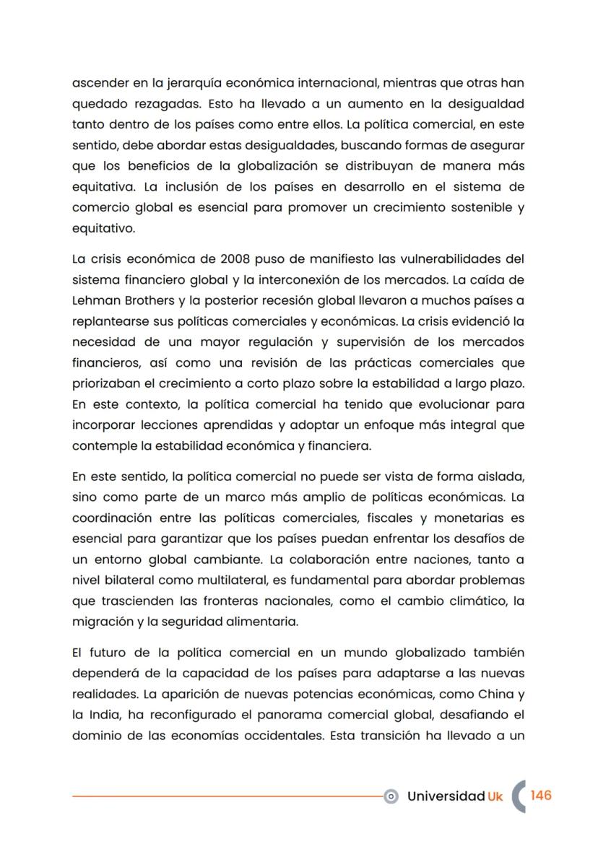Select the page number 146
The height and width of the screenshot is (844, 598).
tap(541, 795)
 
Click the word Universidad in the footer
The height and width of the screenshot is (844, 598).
tap(446, 796)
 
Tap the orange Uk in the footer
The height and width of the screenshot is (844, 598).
tap(495, 796)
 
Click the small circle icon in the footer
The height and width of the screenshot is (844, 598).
tap(391, 796)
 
